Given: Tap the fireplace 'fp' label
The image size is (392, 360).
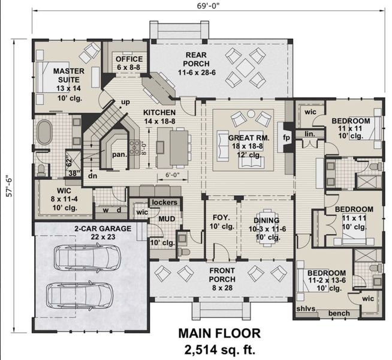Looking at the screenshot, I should [285, 137].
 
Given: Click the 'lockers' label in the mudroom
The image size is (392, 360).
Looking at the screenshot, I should [164, 203].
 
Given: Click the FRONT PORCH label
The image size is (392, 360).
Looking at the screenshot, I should [222, 275].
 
